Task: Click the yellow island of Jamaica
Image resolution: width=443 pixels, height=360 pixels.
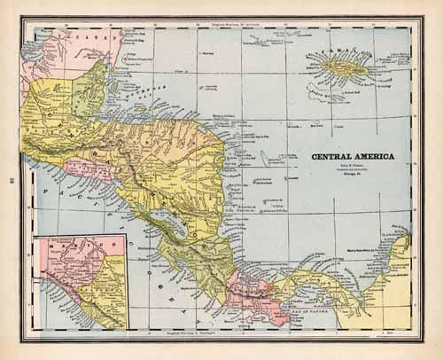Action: (x=342, y=66)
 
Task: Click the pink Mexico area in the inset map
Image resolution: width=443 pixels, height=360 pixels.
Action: (x=62, y=266)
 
